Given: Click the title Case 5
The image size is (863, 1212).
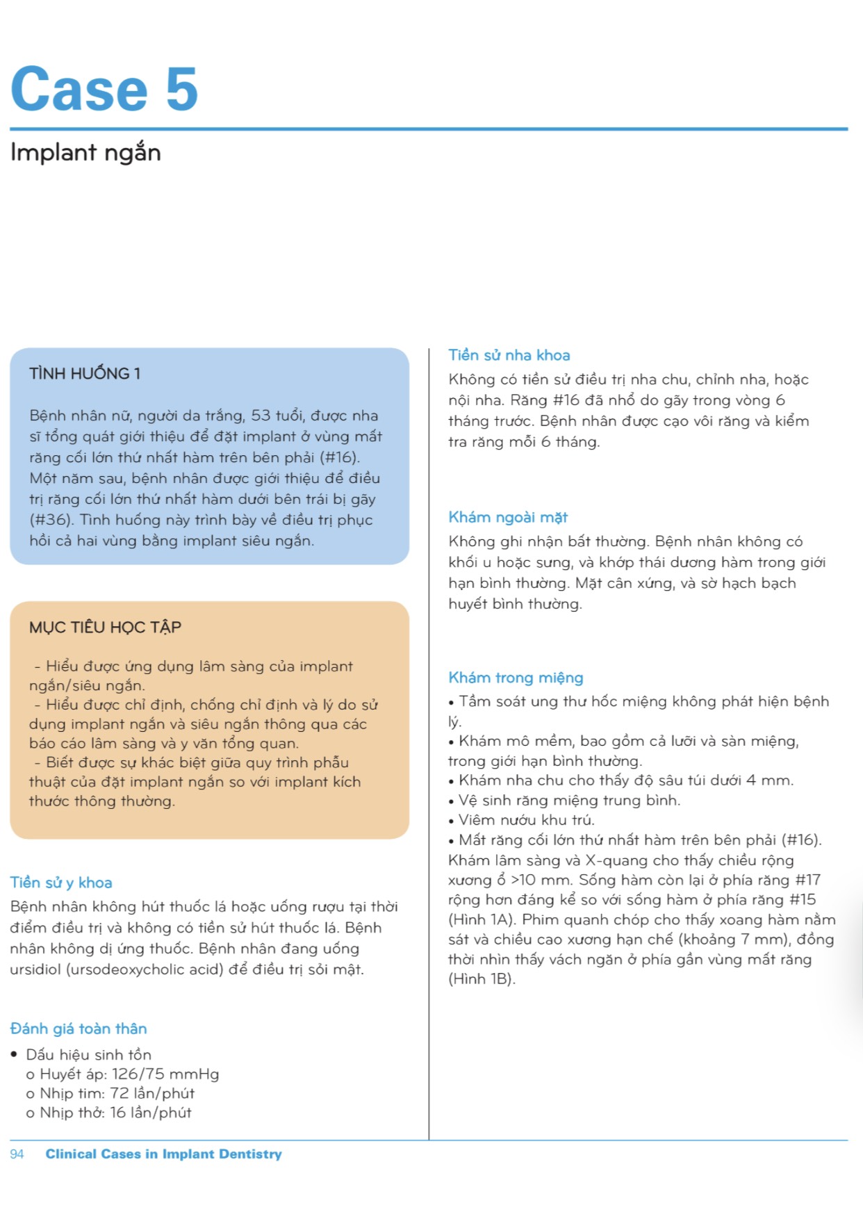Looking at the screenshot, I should [x=104, y=88].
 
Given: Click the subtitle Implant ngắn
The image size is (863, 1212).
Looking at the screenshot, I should [x=85, y=153].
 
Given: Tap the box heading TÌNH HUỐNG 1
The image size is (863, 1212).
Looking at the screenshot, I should [x=85, y=374].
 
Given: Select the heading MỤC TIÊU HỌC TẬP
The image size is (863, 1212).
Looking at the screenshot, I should [x=105, y=628].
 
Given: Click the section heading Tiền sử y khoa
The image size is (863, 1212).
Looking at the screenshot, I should [x=61, y=883].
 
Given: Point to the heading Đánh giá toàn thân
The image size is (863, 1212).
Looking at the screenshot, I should [x=79, y=1029].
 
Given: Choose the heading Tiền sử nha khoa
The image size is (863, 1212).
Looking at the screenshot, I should [x=509, y=355].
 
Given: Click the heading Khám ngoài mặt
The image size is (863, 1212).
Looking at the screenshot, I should [x=508, y=517].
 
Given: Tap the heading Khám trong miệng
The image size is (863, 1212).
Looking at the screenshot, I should [x=516, y=678].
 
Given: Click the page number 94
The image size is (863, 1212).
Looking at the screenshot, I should [x=17, y=1154].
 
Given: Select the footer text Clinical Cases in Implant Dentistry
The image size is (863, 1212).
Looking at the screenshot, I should [x=164, y=1154].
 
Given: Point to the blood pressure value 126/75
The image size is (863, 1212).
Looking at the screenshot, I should [x=138, y=1074].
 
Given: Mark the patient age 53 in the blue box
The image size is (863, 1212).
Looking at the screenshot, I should [x=261, y=416].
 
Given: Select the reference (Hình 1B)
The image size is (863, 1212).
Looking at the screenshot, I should [x=482, y=980].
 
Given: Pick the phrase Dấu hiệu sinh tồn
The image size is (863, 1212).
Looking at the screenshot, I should [x=89, y=1055].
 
